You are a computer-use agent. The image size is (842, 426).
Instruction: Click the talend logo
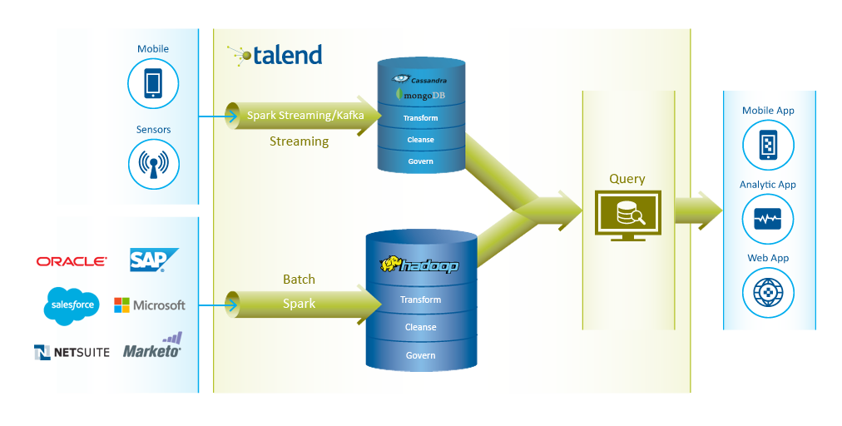tap(275, 55)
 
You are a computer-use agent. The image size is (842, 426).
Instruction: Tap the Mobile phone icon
tap(153, 84)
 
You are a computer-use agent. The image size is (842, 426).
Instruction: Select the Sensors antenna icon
tap(154, 164)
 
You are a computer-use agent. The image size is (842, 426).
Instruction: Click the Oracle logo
tap(72, 261)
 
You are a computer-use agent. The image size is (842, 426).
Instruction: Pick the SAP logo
tap(154, 260)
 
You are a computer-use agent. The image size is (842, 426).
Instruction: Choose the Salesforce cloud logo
tap(72, 305)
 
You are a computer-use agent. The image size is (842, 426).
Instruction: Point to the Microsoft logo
tap(150, 305)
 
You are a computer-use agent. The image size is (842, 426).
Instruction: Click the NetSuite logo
tap(72, 353)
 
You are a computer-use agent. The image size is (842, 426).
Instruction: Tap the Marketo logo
tap(153, 345)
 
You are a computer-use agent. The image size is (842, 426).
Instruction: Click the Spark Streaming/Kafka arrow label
tap(305, 115)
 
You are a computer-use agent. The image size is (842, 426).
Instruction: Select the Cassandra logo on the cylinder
tap(419, 79)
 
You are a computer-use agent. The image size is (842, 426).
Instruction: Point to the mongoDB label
tap(420, 95)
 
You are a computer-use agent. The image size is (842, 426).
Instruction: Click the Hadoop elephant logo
tap(419, 265)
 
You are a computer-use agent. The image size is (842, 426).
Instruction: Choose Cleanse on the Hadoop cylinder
tap(420, 327)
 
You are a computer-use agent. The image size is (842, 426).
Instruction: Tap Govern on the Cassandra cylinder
tap(420, 161)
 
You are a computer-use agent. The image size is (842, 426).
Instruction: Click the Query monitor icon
tap(627, 215)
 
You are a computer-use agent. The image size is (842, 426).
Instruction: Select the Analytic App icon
tap(768, 219)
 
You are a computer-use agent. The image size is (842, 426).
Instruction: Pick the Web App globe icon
tap(768, 294)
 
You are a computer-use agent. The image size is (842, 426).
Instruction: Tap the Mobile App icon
tap(768, 145)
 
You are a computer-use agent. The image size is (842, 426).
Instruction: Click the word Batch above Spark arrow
tap(299, 280)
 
